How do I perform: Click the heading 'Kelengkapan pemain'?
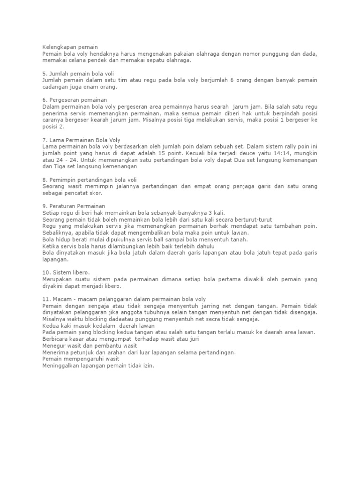point(70,47)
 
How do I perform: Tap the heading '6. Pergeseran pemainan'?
point(75,100)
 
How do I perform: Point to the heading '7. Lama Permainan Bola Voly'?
point(82,140)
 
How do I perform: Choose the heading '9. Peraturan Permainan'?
point(74,206)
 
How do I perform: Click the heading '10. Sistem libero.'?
point(66,272)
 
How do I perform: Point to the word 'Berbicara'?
point(57,339)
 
